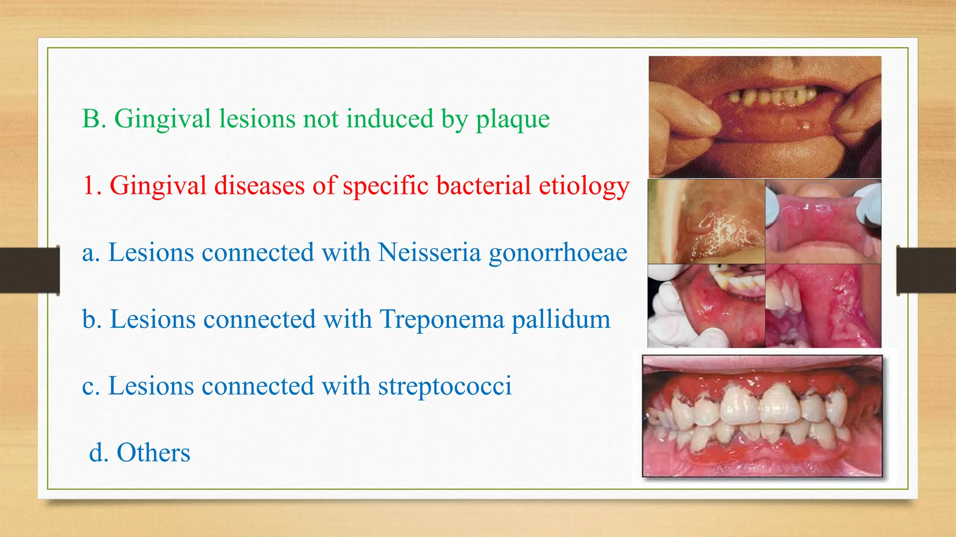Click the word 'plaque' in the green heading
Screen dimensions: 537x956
coord(513,119)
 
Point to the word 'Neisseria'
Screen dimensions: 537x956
coord(429,253)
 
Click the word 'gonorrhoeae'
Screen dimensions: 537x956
coord(558,254)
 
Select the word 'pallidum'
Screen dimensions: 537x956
coord(561,320)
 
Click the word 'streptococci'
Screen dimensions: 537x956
coord(445,386)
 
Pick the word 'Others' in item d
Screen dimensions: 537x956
coord(154,453)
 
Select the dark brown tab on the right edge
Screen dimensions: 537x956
coord(926,270)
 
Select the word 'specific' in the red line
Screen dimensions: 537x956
coord(386,186)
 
